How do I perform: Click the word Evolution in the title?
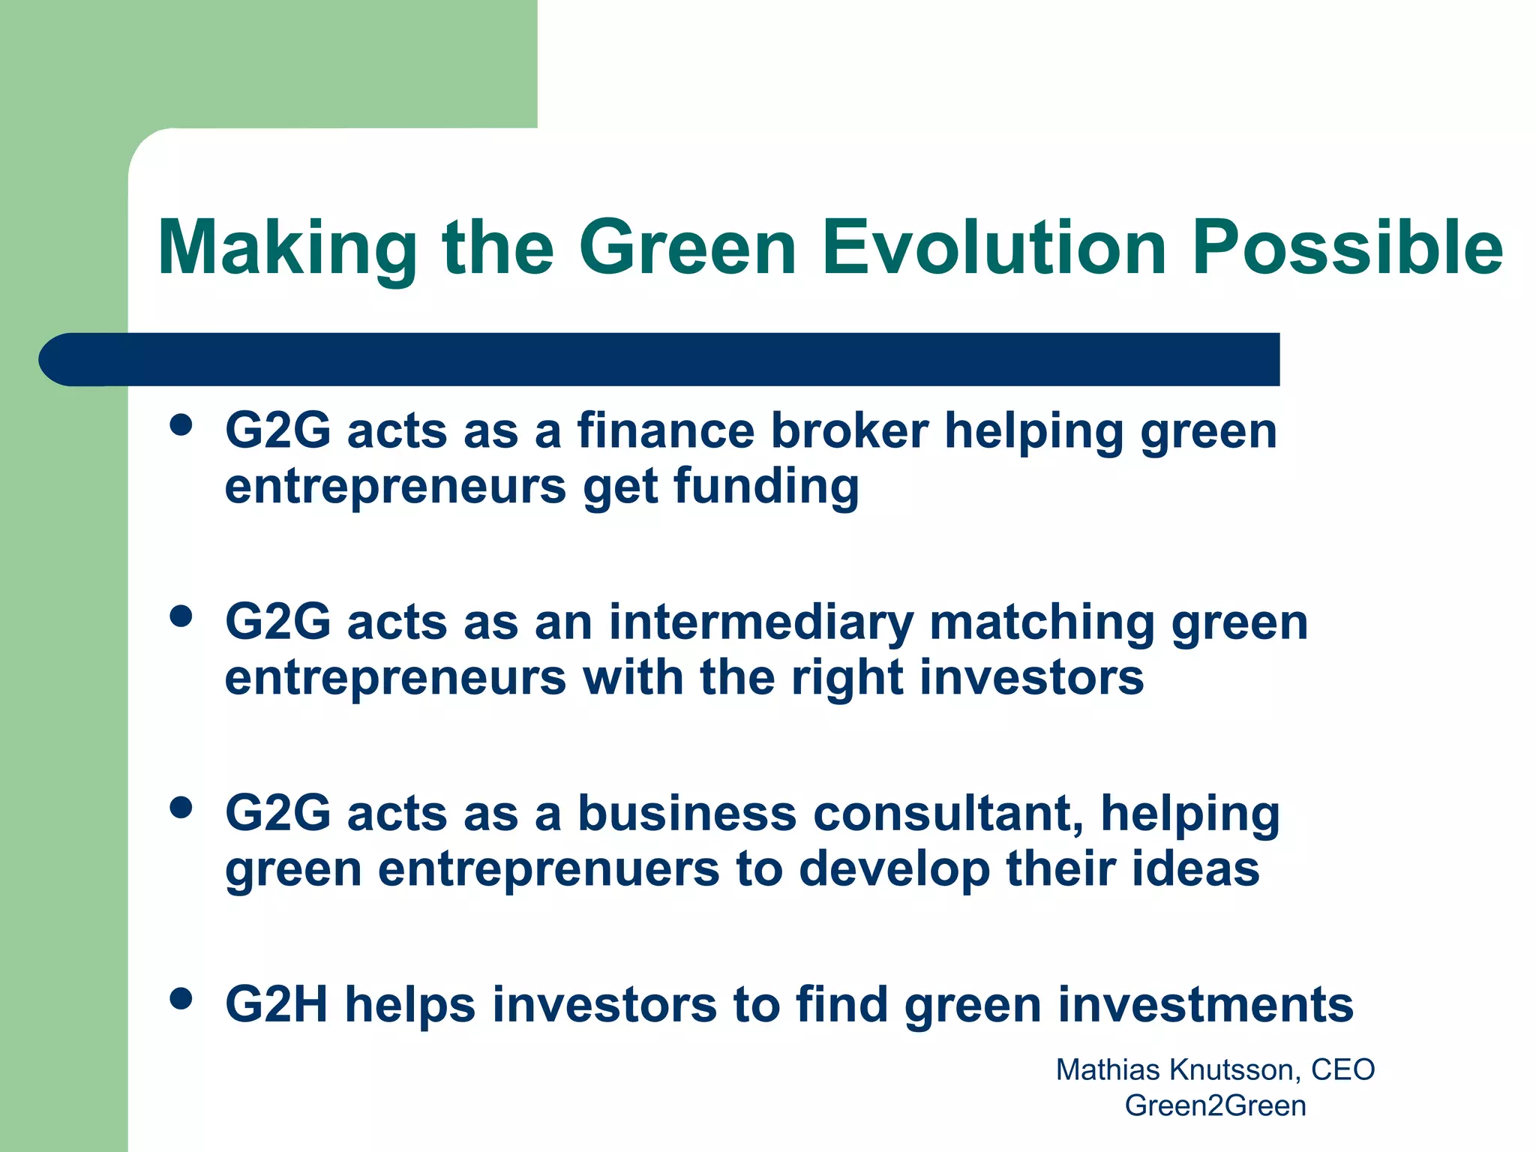(x=994, y=247)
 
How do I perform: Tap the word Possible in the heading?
(x=1347, y=247)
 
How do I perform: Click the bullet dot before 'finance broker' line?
(x=181, y=426)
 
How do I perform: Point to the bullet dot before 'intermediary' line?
(x=181, y=616)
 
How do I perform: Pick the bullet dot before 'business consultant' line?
(x=181, y=808)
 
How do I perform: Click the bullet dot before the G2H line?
(x=181, y=998)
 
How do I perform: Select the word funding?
(x=766, y=487)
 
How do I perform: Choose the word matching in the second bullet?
(x=1042, y=624)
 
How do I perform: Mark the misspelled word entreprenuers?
(x=549, y=870)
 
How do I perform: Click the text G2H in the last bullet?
(x=277, y=1005)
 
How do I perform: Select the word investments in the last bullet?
(x=1205, y=1005)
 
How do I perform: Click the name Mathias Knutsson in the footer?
(x=1176, y=1069)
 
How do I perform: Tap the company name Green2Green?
(x=1215, y=1105)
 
